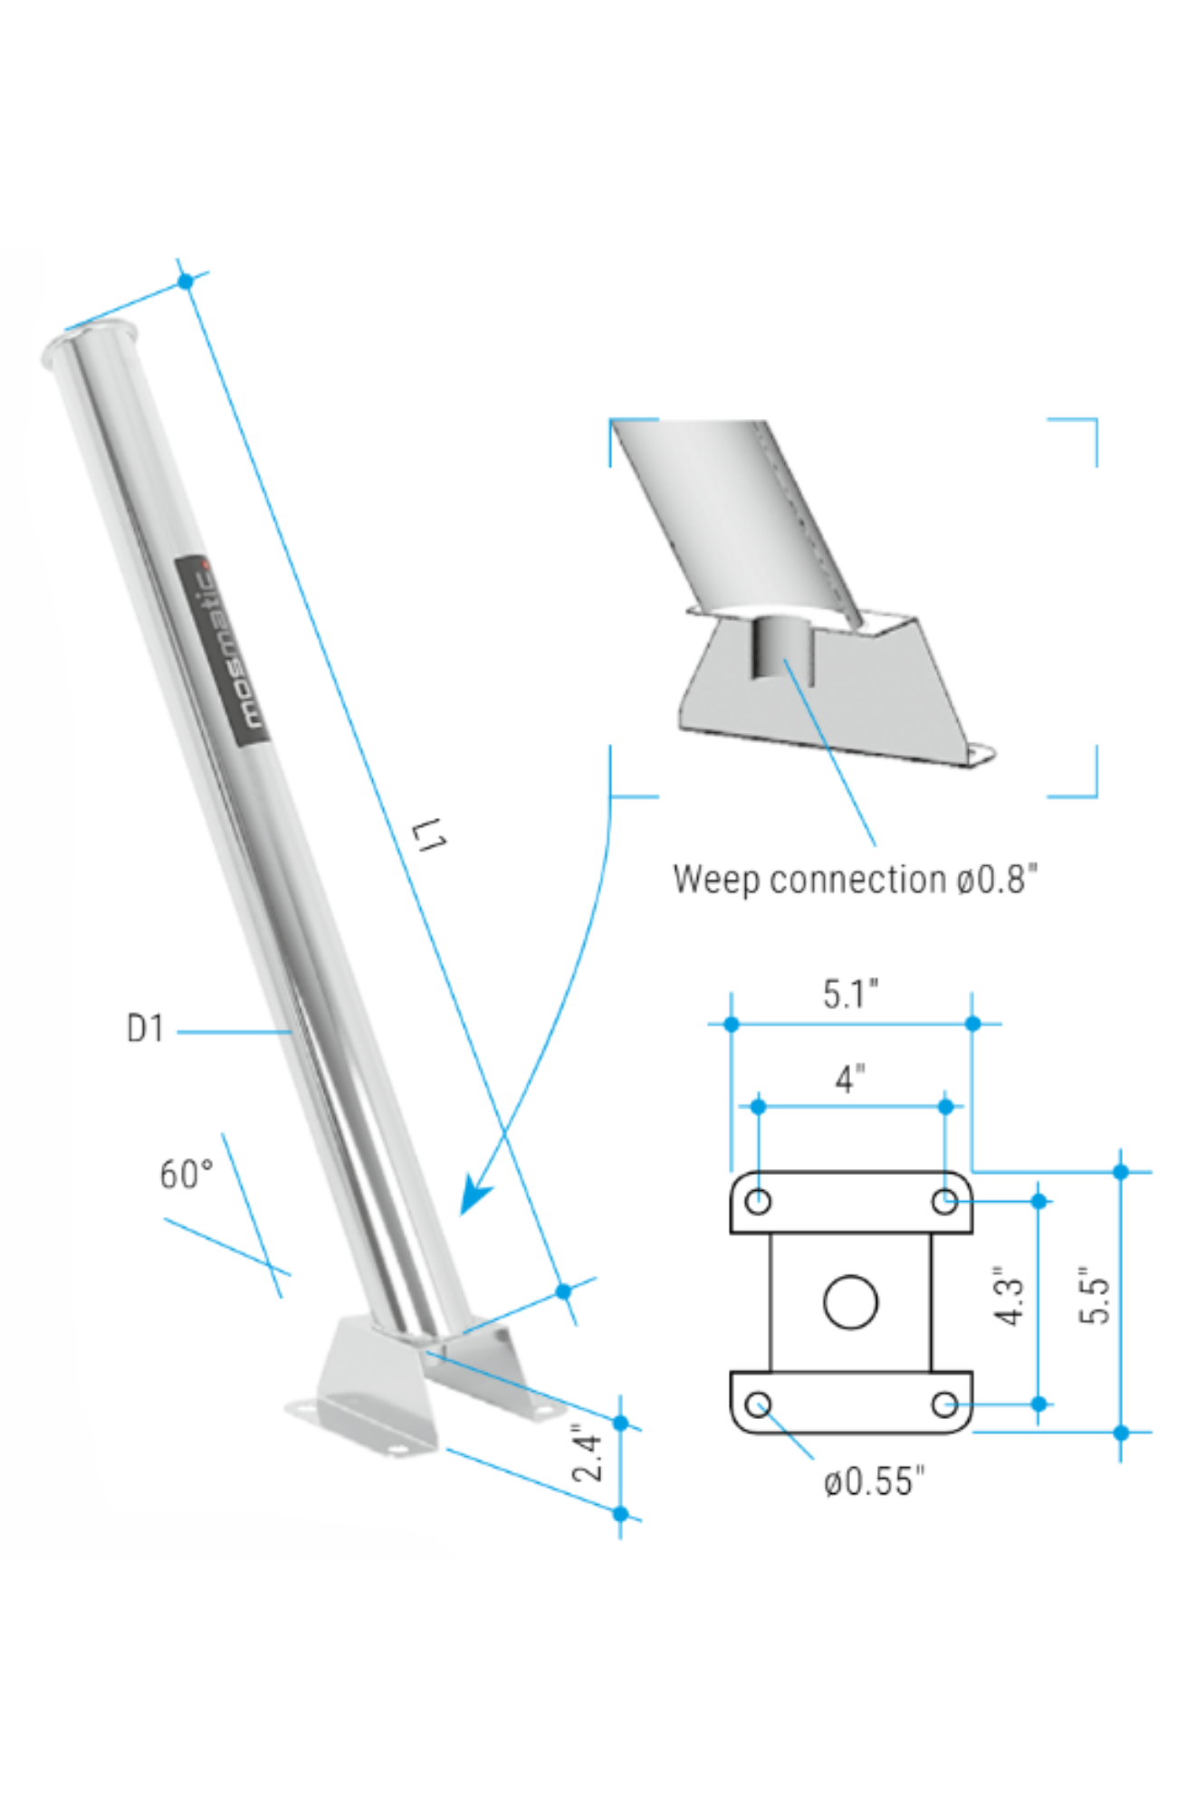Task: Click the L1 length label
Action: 430,834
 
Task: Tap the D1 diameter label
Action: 145,1029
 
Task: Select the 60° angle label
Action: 187,1175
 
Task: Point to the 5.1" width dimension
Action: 850,994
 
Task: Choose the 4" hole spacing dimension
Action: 849,1079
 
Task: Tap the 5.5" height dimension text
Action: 1094,1296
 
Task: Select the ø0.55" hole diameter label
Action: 874,1482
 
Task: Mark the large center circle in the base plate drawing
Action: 850,1301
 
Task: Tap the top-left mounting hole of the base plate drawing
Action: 758,1201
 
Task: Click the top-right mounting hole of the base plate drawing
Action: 944,1201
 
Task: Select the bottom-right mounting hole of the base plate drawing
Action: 944,1404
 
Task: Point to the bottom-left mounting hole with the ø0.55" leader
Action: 758,1404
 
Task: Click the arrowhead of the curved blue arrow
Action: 474,1196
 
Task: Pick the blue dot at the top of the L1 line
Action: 186,281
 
